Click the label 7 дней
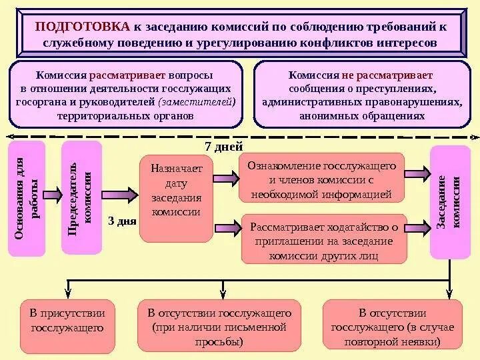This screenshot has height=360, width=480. [223, 147]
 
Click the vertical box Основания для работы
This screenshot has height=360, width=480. [27, 198]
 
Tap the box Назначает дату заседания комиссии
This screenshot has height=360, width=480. [176, 198]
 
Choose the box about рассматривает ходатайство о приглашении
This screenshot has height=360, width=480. [323, 240]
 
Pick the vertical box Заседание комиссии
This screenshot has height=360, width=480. [449, 201]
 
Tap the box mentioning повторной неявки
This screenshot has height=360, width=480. [391, 327]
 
